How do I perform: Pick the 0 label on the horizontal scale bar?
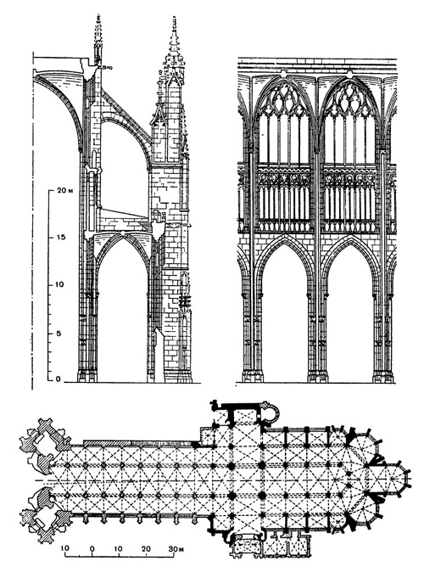point(92,548)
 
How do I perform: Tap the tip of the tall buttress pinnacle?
point(176,19)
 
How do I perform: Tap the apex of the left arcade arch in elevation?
point(282,240)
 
